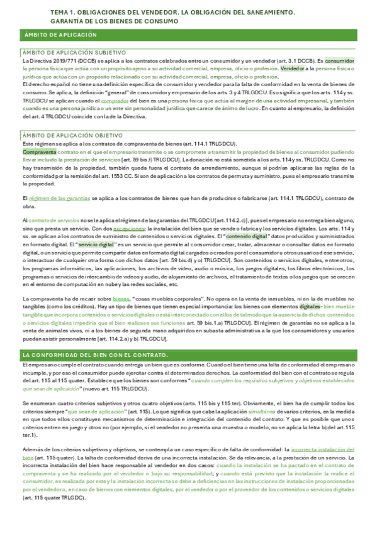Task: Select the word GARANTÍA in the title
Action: (69, 21)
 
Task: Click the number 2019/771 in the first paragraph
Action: (60, 60)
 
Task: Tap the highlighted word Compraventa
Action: (39, 152)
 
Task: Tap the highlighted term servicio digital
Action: (97, 244)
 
